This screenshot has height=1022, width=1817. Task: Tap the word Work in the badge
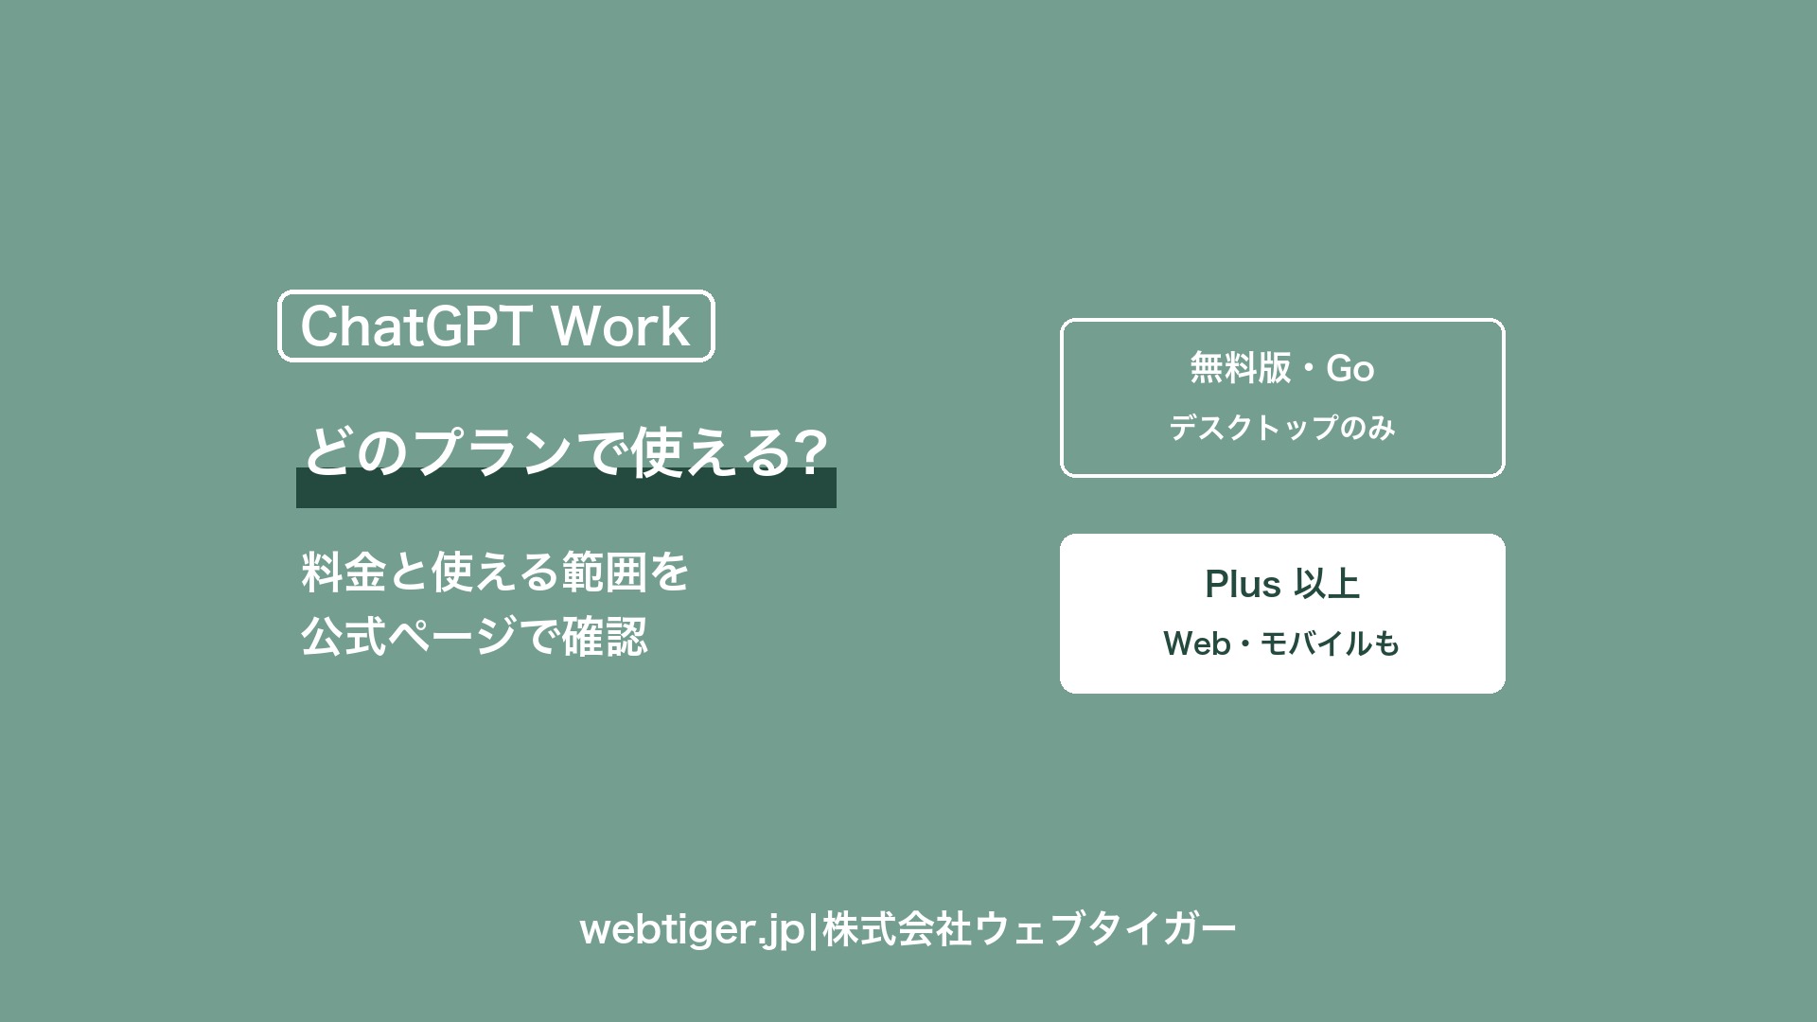(621, 326)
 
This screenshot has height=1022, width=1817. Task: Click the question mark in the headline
(808, 451)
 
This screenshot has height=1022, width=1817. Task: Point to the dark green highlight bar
(566, 487)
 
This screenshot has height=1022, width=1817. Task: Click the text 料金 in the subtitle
(344, 572)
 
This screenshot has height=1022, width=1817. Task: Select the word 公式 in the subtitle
(344, 636)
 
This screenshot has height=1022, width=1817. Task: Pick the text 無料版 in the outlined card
(1240, 367)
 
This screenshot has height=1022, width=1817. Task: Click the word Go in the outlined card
(1350, 368)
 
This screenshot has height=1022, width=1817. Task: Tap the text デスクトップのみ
(1282, 428)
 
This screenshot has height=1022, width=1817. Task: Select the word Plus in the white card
(1243, 584)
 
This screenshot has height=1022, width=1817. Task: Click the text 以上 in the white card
(1327, 584)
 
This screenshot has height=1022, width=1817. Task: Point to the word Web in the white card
(1197, 643)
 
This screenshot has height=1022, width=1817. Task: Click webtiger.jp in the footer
(692, 929)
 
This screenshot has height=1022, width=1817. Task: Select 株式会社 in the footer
(897, 929)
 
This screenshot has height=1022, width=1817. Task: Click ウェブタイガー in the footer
(1105, 929)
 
